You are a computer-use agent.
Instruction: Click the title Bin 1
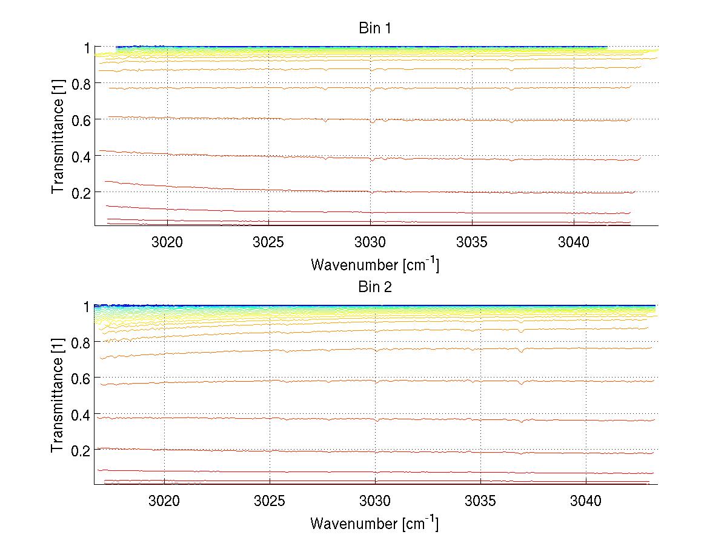point(375,28)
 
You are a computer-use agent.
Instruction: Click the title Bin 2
point(375,287)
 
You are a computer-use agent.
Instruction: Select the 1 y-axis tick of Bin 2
point(87,307)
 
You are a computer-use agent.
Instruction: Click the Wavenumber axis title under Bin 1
point(375,264)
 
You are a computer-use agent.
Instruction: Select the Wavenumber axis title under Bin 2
point(375,523)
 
